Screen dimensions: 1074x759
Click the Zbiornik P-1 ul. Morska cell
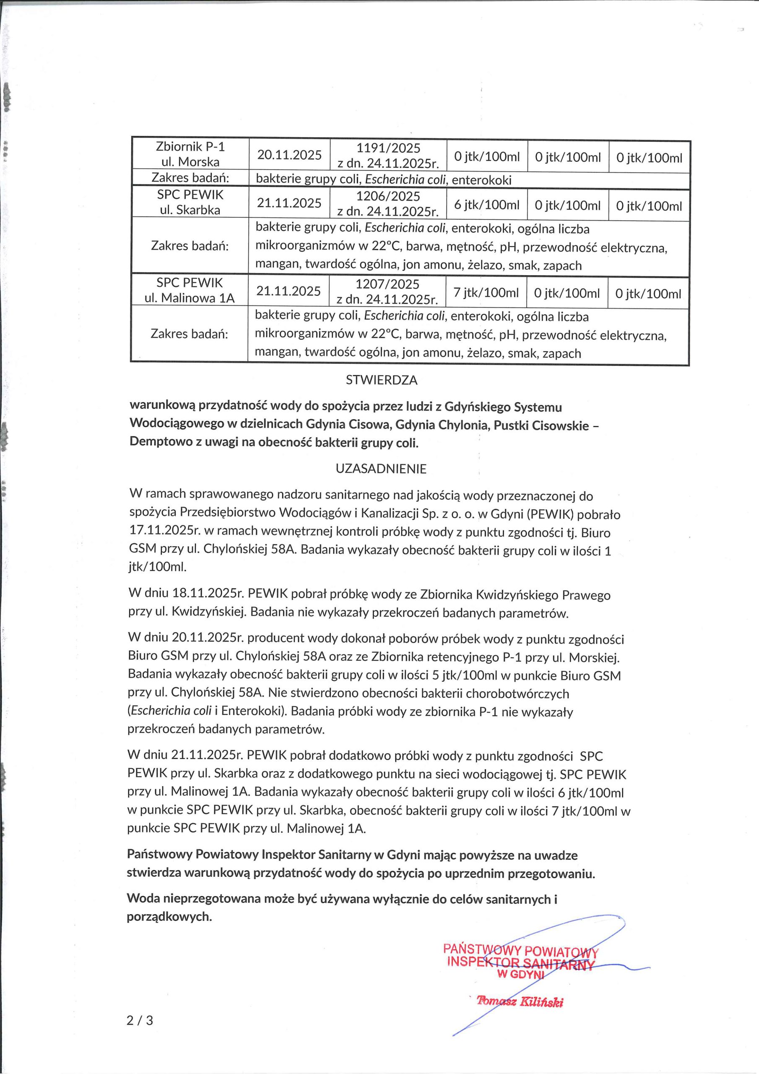point(190,154)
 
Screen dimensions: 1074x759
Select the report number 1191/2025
point(388,148)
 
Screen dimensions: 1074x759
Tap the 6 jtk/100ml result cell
point(486,204)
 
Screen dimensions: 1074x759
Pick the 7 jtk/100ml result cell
point(486,292)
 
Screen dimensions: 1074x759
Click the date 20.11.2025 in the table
point(289,155)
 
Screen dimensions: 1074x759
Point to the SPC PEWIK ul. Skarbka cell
point(190,202)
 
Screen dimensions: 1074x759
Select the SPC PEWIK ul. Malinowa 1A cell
point(190,290)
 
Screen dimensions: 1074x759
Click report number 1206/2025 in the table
point(388,196)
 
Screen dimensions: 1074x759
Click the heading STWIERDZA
point(381,380)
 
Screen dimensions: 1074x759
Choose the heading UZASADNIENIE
point(381,469)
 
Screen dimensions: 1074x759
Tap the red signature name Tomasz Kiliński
point(520,1001)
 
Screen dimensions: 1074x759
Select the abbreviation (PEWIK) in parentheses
point(551,514)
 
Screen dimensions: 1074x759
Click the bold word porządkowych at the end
point(169,916)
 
